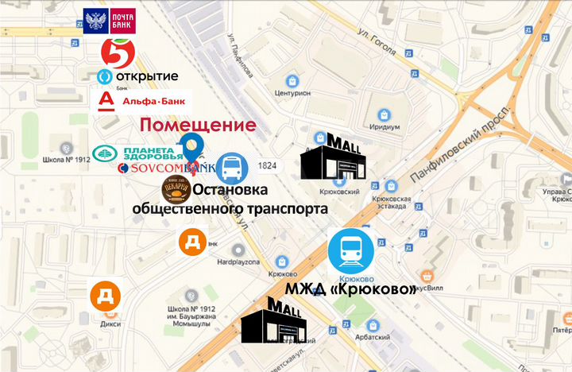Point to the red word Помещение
(x=199, y=125)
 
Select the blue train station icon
(x=351, y=250)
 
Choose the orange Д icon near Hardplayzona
(x=193, y=241)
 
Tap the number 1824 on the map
(x=268, y=165)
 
